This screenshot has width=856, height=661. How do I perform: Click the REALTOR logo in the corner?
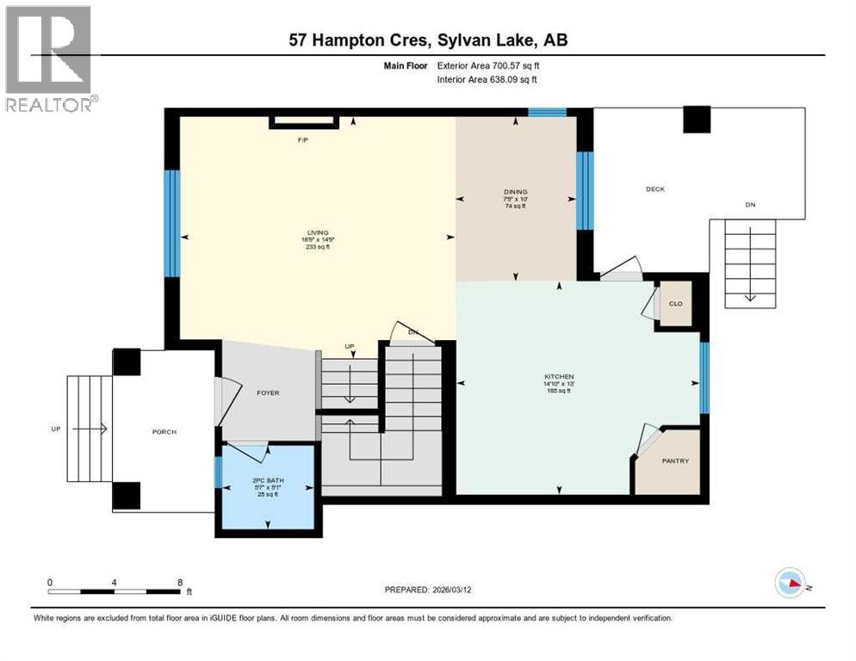point(49,59)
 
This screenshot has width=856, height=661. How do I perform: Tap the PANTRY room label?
point(675,461)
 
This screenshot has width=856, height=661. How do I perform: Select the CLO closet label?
point(676,303)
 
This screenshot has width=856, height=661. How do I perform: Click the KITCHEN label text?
point(558,377)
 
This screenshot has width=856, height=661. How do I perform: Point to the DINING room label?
point(515,192)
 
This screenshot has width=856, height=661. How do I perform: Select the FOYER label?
point(268,392)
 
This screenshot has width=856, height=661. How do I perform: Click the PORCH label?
point(164,431)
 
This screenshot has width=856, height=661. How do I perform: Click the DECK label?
point(656,188)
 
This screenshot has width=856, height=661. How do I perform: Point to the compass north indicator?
point(791,584)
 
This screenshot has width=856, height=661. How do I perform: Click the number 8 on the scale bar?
point(179,582)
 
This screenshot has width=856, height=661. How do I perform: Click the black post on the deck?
point(697,120)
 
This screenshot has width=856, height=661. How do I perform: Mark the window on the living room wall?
point(171,223)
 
